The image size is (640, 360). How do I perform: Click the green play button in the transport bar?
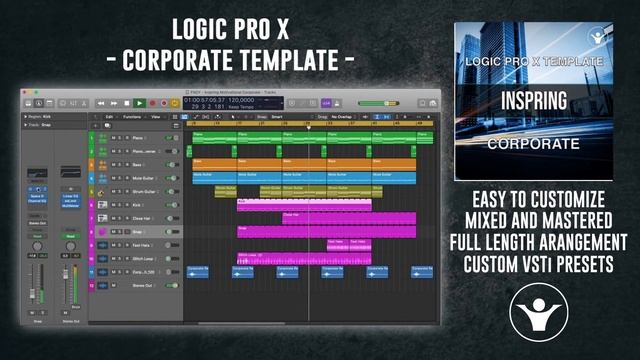(139, 102)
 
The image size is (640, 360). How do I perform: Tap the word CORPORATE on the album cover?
(532, 143)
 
